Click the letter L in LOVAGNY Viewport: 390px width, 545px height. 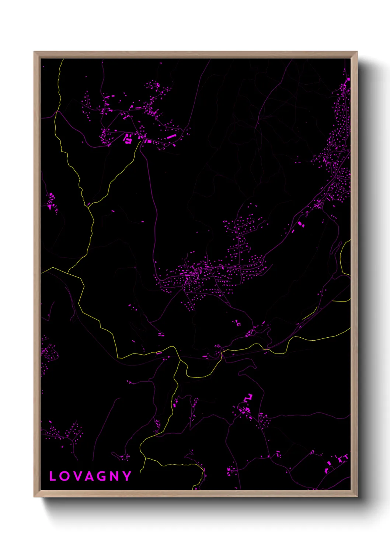pos(53,476)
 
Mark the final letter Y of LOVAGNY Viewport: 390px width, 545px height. pos(127,476)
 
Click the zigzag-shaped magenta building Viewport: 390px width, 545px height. pos(248,398)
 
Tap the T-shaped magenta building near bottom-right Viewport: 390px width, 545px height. pos(345,457)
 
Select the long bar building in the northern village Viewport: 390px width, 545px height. pos(171,137)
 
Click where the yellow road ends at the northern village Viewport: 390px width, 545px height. pos(141,141)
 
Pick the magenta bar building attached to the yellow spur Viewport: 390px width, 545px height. pos(159,353)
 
